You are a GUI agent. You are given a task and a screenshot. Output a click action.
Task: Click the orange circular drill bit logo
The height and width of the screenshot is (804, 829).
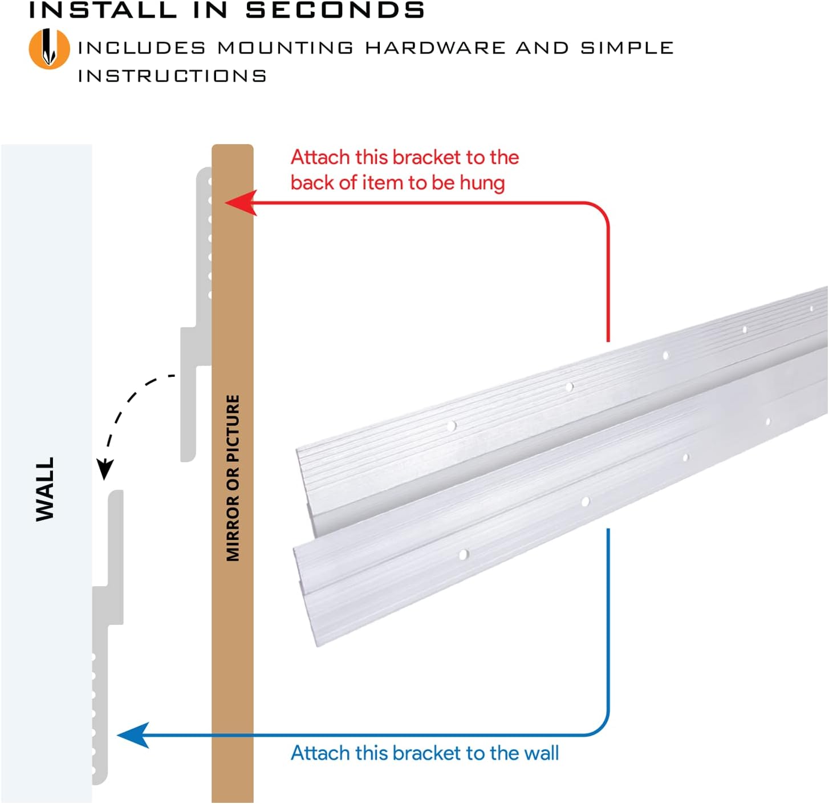49,49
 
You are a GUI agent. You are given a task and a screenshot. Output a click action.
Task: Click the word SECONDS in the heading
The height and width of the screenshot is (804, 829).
335,10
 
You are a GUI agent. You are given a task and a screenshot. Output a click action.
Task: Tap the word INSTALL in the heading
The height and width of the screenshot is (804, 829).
103,10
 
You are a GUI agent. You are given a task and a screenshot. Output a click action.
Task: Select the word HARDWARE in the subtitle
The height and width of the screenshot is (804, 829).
435,48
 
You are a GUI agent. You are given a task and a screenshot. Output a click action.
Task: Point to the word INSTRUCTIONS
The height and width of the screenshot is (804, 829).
172,76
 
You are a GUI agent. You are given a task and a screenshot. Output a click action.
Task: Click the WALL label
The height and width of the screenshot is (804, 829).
45,489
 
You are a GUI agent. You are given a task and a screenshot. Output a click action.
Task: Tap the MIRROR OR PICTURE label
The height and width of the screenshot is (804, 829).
233,478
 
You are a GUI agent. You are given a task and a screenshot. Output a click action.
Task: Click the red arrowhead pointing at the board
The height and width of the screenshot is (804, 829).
240,203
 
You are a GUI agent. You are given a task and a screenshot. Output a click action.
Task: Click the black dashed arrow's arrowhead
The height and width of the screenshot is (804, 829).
104,469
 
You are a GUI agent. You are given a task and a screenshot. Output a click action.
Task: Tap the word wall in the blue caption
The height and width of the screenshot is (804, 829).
541,753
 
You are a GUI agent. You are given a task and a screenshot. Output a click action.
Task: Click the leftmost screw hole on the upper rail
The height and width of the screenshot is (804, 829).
452,425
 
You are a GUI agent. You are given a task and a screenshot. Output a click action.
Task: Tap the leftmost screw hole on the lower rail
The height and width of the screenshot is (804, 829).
464,554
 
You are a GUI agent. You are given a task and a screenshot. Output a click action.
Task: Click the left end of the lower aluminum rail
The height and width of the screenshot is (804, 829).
305,593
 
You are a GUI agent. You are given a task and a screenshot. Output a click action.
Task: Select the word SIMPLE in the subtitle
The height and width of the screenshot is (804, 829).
627,48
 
